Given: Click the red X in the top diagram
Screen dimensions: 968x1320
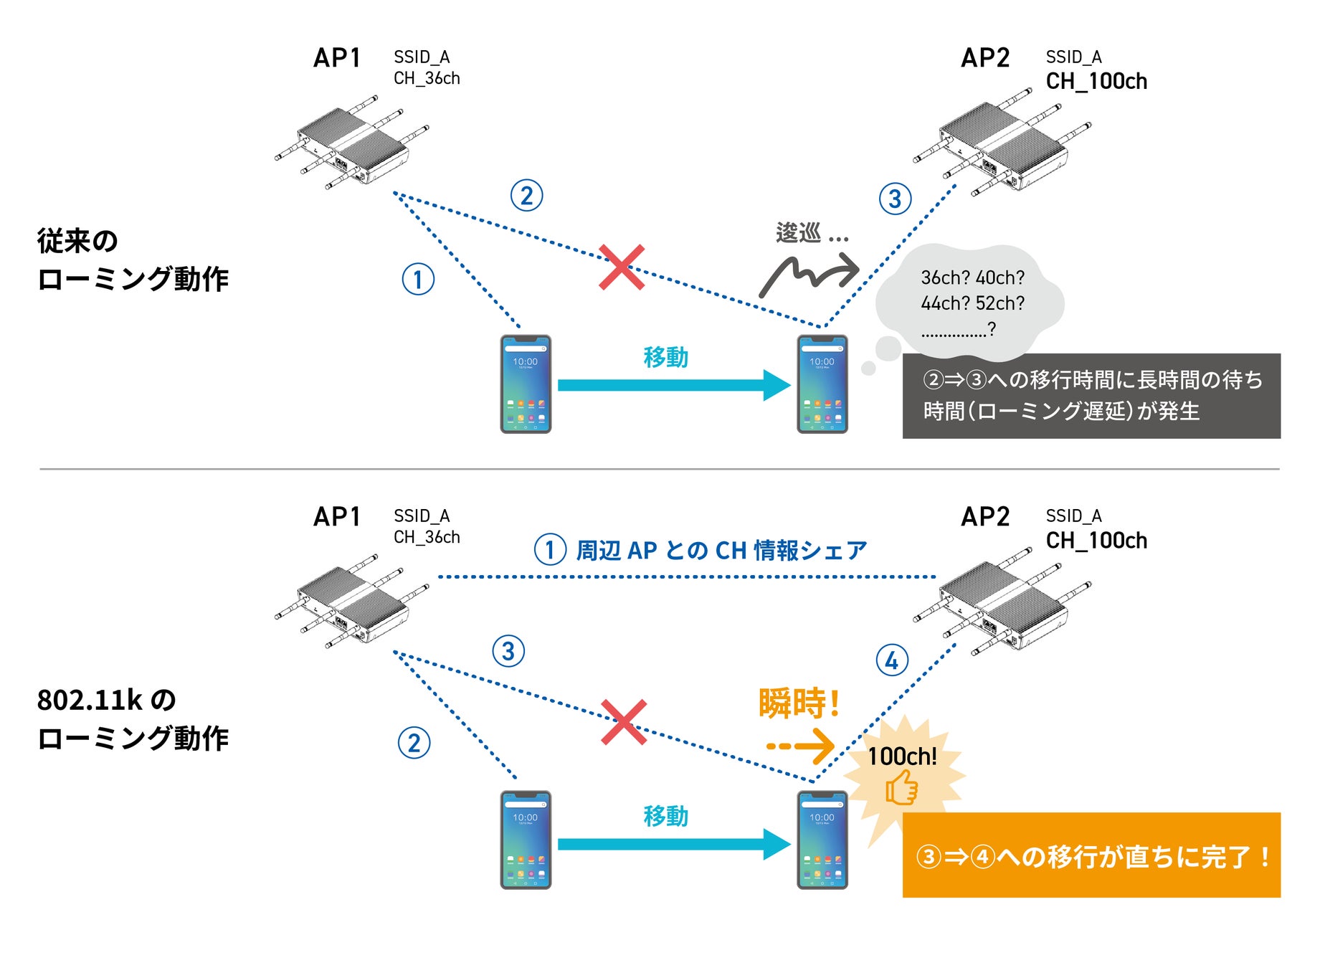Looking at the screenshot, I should tap(622, 267).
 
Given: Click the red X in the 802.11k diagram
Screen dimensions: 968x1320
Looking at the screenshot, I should tap(624, 722).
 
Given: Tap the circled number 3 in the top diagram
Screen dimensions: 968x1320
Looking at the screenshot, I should tap(895, 199).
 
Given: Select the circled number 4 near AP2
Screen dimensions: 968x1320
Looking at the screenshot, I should tap(892, 660).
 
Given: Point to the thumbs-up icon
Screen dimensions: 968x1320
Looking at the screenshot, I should tap(901, 787).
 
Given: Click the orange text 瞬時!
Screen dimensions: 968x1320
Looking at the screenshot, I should tap(799, 703).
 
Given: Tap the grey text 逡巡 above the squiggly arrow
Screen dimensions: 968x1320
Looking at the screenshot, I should tap(798, 233).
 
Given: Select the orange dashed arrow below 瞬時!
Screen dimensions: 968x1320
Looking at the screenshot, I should tap(800, 746).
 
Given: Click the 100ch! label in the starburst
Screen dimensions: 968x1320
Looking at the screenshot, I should tap(902, 756).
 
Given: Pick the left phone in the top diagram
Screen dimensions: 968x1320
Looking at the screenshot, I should tap(526, 384).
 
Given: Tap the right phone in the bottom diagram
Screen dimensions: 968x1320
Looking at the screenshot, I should tap(822, 840).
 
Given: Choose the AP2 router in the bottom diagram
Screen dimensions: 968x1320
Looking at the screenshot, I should tap(1002, 607).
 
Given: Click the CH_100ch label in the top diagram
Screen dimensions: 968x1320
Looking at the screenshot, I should tap(1096, 82).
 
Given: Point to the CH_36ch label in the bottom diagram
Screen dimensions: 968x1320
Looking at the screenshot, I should tap(427, 537).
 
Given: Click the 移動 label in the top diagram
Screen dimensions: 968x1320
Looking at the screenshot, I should tap(665, 356).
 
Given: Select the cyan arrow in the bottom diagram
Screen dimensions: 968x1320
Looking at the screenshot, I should tap(674, 844).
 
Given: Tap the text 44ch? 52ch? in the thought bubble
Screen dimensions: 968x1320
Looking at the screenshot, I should tap(972, 303).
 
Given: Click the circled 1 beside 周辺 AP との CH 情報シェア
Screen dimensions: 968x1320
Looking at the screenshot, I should tap(550, 550).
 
